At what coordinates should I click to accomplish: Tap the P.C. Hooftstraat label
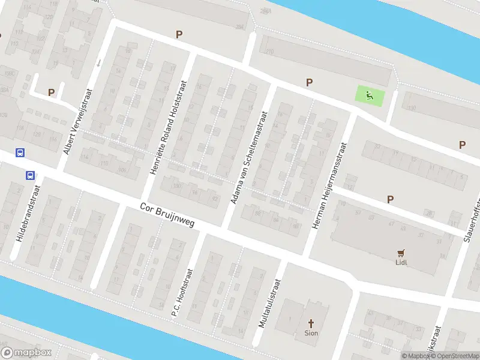pyautogui.click(x=183, y=292)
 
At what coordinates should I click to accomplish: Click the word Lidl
pyautogui.click(x=401, y=262)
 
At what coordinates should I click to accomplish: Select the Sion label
pyautogui.click(x=311, y=333)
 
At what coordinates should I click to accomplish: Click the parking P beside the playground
pyautogui.click(x=310, y=83)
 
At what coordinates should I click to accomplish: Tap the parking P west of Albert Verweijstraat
pyautogui.click(x=52, y=92)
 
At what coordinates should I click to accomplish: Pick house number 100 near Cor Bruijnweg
pyautogui.click(x=176, y=185)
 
